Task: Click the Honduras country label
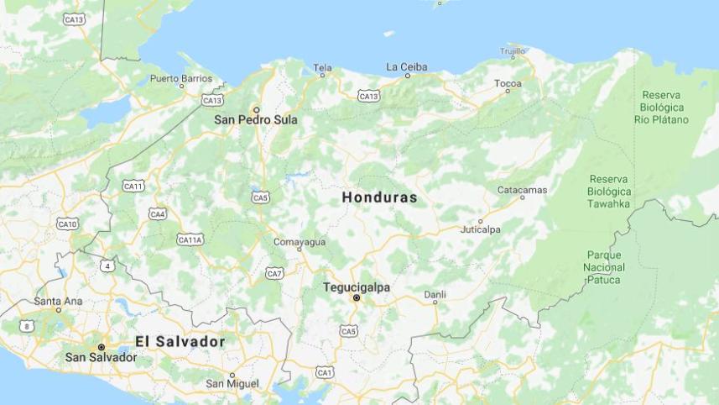379,197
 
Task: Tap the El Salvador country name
180,341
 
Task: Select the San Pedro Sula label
256,119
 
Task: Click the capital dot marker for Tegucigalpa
357,298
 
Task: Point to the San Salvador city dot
102,347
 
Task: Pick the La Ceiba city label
406,66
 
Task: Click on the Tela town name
322,67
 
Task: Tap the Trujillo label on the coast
512,52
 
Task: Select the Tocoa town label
508,83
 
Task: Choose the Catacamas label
522,190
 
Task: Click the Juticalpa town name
481,229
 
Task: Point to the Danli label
435,294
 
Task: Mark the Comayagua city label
300,242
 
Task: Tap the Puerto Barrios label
181,78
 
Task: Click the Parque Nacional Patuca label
604,267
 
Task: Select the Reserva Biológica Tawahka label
609,192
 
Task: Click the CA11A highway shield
190,239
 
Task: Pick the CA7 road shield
274,273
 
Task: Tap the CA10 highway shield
67,224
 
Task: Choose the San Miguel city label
232,383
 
